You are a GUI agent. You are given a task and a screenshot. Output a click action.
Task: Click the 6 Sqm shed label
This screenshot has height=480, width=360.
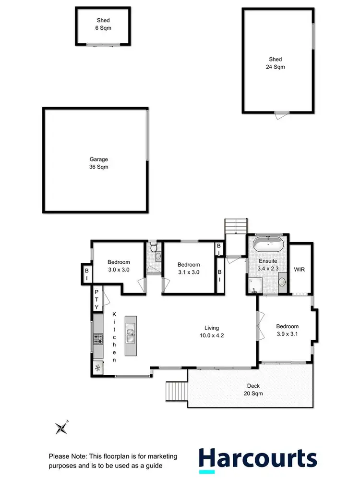tap(103, 24)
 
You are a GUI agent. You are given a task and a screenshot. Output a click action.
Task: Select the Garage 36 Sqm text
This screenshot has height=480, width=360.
tap(98, 163)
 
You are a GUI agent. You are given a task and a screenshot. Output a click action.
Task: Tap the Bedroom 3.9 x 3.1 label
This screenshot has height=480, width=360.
tap(287, 330)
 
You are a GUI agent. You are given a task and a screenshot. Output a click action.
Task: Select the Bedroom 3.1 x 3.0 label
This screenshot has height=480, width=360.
tap(189, 268)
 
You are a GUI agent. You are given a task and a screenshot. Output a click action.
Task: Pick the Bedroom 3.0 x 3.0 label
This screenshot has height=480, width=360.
tap(119, 266)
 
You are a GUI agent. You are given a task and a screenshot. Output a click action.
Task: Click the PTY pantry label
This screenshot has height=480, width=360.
tap(96, 299)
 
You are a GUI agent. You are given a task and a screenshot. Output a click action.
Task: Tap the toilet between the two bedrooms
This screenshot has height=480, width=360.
tap(153, 249)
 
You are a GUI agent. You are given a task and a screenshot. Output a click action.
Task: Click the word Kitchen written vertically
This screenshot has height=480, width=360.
tap(114, 337)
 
